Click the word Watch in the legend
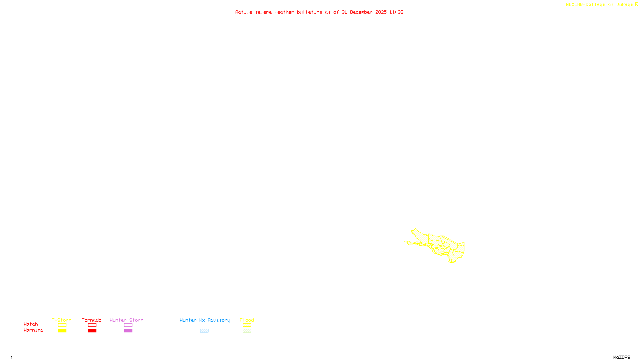(31, 324)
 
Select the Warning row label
(33, 330)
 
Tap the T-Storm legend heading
(62, 320)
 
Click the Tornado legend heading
(92, 320)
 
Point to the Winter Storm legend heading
(126, 320)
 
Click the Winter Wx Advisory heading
(205, 320)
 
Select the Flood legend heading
(247, 320)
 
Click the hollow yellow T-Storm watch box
(62, 325)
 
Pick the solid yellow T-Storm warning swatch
(62, 331)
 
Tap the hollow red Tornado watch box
(92, 325)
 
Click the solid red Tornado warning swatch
(92, 331)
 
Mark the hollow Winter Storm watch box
(128, 325)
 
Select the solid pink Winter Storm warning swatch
(128, 331)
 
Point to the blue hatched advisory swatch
(204, 331)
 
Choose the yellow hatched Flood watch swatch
(247, 325)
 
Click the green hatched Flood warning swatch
(247, 331)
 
